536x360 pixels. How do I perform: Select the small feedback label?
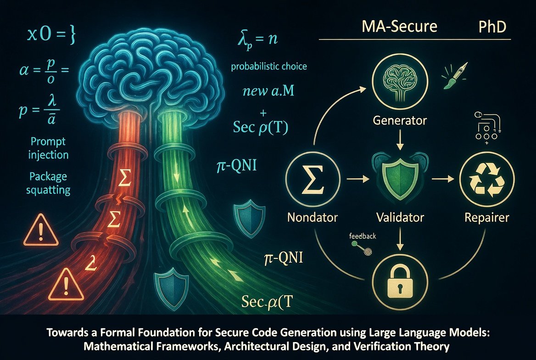pos(363,236)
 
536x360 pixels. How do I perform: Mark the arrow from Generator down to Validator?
pos(399,140)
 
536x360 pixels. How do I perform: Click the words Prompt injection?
pos(47,147)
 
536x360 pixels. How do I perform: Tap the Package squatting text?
pos(48,183)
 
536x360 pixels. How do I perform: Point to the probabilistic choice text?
pos(269,67)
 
